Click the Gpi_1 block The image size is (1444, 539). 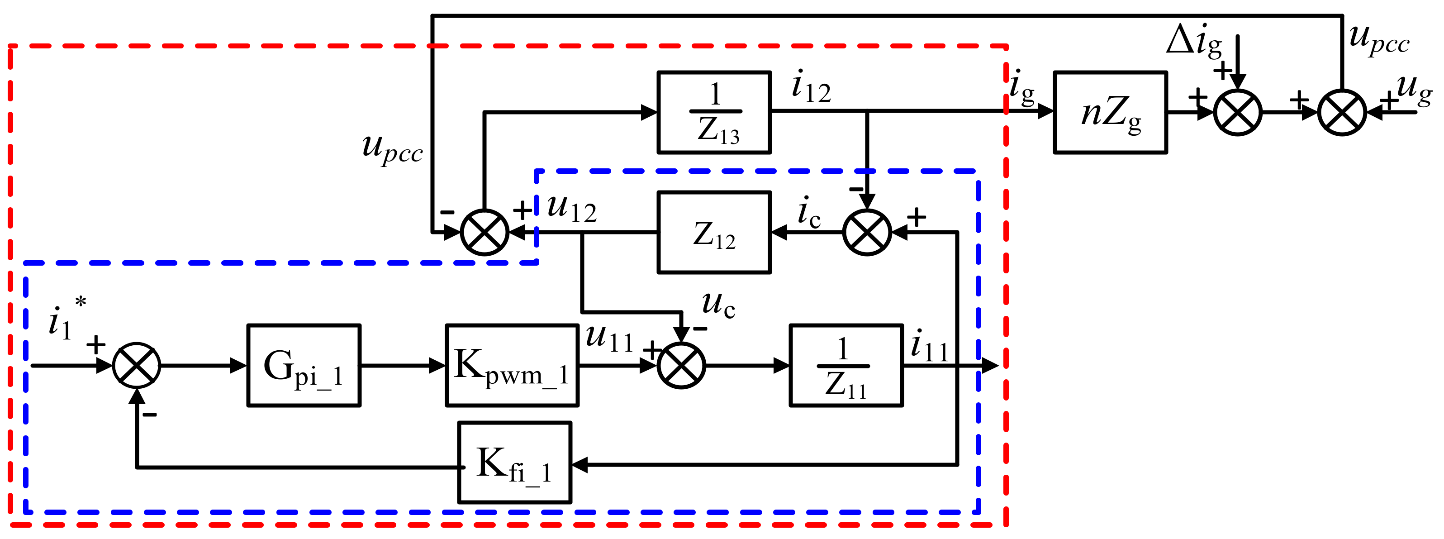click(x=303, y=365)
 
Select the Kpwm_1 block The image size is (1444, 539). click(x=512, y=365)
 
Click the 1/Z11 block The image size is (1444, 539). click(x=846, y=365)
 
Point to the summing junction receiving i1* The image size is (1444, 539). click(x=137, y=366)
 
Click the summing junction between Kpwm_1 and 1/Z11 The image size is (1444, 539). click(x=681, y=366)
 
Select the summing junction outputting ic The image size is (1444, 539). click(x=867, y=232)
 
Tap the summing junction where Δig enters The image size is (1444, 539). click(x=1238, y=112)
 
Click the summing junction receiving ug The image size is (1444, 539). click(x=1342, y=112)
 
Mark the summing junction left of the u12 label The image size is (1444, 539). click(x=484, y=232)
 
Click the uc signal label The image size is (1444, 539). click(x=718, y=305)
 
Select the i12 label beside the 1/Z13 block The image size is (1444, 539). click(x=811, y=87)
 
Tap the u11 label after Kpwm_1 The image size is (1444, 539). click(x=609, y=338)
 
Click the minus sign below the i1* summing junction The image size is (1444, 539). click(x=150, y=415)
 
